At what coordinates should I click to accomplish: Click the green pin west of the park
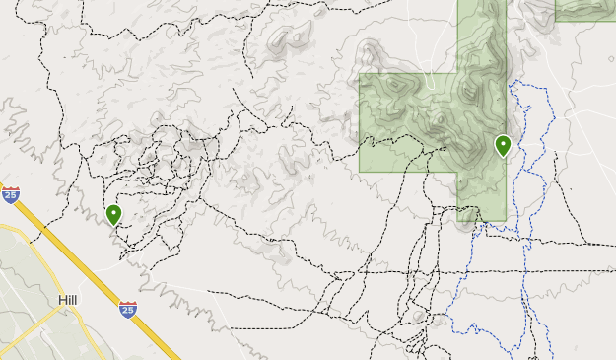pos(113,213)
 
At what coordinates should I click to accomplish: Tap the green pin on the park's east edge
pos(503,145)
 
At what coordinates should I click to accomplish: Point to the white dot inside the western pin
pos(113,210)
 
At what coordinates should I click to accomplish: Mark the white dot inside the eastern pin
pos(503,142)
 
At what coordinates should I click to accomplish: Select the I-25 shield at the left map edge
pos(11,195)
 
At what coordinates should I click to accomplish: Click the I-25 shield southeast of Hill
pos(127,310)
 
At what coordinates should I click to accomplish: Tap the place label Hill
pos(68,300)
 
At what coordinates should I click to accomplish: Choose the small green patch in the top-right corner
pos(585,10)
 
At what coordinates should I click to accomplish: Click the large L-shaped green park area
pos(434,118)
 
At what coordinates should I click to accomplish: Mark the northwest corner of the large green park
pos(360,74)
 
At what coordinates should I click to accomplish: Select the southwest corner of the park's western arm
pos(360,171)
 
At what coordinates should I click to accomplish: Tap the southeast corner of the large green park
pos(505,219)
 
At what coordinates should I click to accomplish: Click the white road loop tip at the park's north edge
pos(427,75)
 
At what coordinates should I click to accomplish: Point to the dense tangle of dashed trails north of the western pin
pos(158,163)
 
